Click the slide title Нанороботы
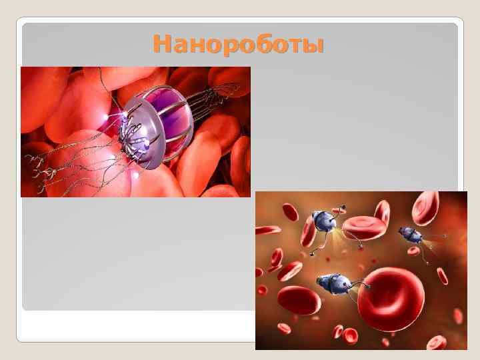coord(238,45)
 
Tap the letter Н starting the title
coord(161,45)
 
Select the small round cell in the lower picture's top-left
coord(290,212)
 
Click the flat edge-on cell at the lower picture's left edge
coord(267,230)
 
